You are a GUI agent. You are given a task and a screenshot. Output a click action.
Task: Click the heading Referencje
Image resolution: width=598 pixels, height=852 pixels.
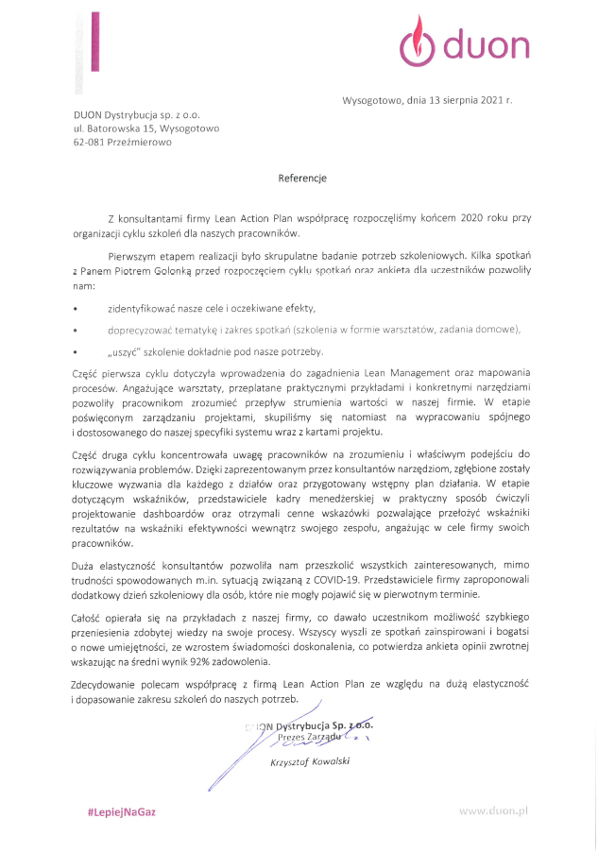click(x=302, y=178)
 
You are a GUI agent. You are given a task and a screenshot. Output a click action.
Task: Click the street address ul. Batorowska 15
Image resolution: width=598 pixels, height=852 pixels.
click(x=112, y=128)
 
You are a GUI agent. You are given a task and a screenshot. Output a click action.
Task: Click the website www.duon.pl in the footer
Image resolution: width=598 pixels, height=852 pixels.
click(x=493, y=811)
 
